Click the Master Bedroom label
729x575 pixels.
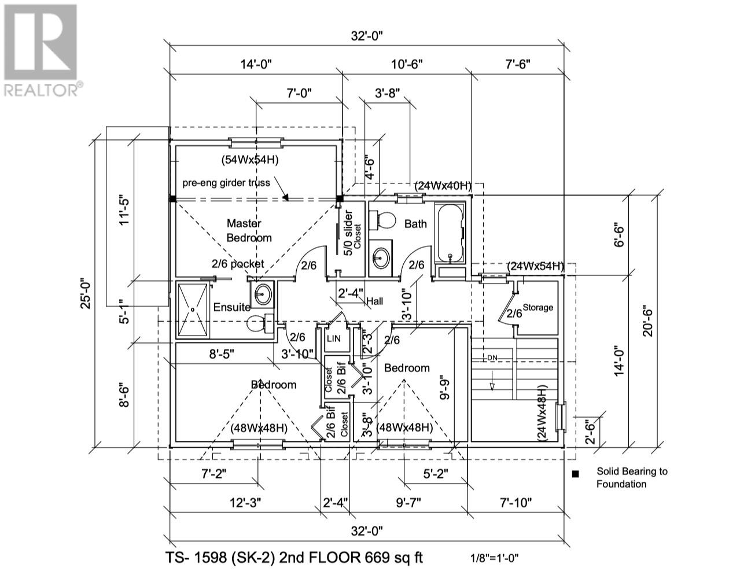pyautogui.click(x=249, y=230)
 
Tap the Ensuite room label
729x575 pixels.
pyautogui.click(x=232, y=307)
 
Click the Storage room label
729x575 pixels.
pyautogui.click(x=538, y=307)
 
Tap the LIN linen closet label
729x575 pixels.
pyautogui.click(x=334, y=338)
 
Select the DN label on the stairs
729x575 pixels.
pyautogui.click(x=492, y=358)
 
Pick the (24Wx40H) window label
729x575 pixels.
pyautogui.click(x=443, y=186)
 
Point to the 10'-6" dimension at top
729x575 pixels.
pyautogui.click(x=407, y=64)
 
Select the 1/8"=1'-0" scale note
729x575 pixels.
pyautogui.click(x=495, y=558)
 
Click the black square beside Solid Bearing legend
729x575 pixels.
pyautogui.click(x=575, y=474)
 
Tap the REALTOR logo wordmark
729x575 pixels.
pyautogui.click(x=42, y=90)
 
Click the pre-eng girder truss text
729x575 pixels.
pyautogui.click(x=226, y=183)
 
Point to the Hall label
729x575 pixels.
pyautogui.click(x=374, y=301)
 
